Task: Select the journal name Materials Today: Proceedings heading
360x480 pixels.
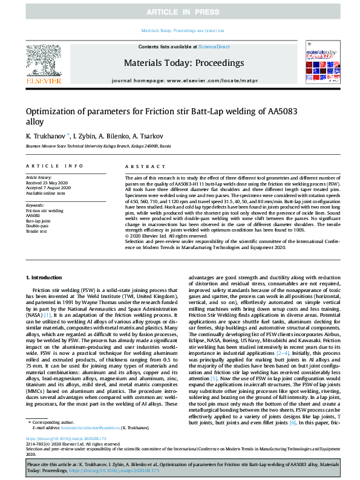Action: [x=183, y=63]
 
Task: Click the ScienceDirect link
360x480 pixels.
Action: [x=213, y=47]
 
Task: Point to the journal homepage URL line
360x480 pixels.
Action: [x=183, y=80]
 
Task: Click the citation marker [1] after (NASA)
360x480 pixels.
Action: [x=64, y=315]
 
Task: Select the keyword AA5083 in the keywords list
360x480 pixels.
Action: [x=33, y=215]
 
